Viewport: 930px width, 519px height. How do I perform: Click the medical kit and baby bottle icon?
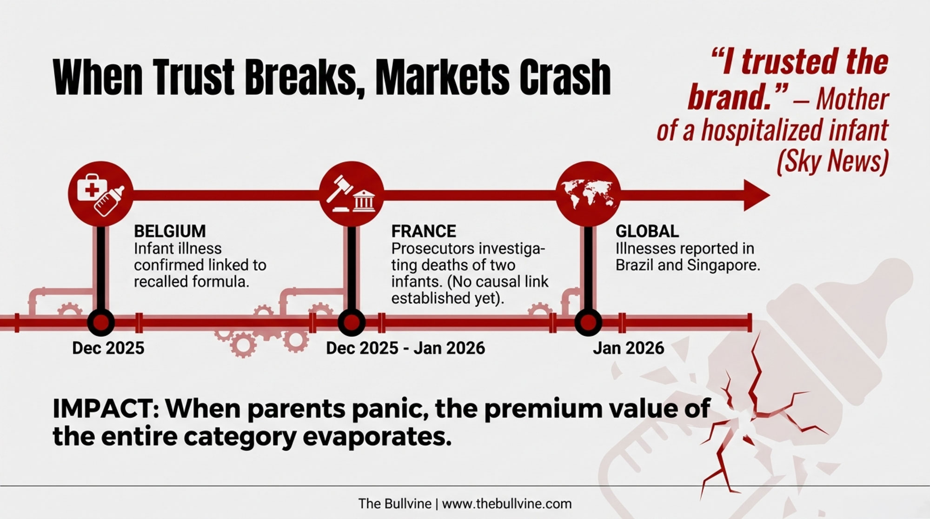pyautogui.click(x=101, y=194)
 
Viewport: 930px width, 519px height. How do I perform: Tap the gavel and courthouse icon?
pyautogui.click(x=352, y=194)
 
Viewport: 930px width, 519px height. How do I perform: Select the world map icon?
pyautogui.click(x=588, y=194)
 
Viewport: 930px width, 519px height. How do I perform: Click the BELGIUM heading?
pyautogui.click(x=170, y=231)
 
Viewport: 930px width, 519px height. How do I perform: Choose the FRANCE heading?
pyautogui.click(x=424, y=231)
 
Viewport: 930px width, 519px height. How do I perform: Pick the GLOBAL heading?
pyautogui.click(x=647, y=231)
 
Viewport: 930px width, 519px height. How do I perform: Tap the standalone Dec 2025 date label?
pyautogui.click(x=108, y=348)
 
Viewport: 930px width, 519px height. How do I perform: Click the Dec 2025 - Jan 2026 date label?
pyautogui.click(x=405, y=348)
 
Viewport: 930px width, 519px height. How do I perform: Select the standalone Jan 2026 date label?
pyautogui.click(x=629, y=348)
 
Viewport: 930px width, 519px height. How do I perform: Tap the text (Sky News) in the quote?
pyautogui.click(x=832, y=161)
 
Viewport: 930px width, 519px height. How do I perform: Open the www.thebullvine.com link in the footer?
pyautogui.click(x=507, y=504)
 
